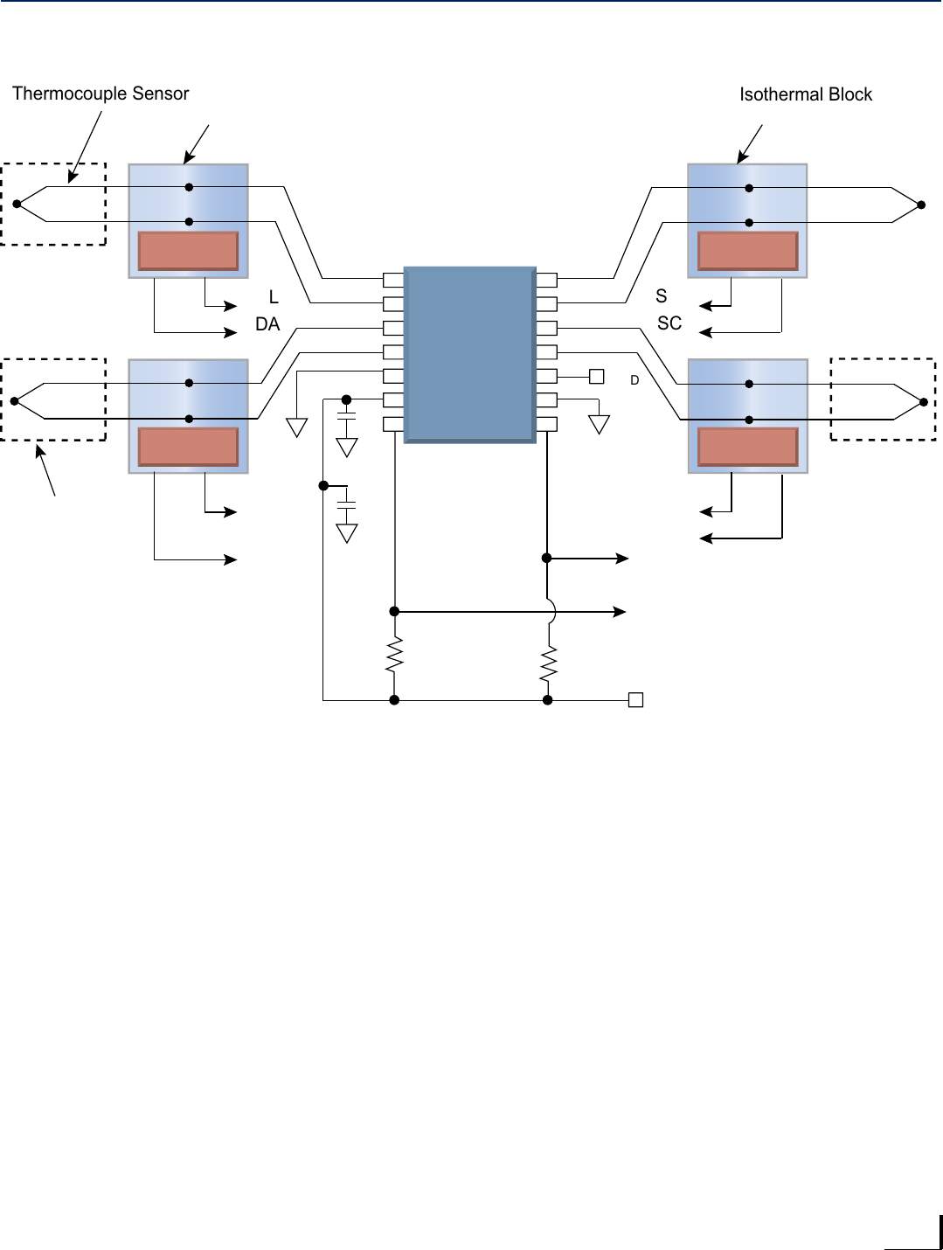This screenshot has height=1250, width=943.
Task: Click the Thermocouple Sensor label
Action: (x=101, y=94)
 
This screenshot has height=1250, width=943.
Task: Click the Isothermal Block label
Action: (x=805, y=94)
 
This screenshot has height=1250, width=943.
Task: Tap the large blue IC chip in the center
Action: (x=469, y=354)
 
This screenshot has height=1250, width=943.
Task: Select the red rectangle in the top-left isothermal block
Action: (x=188, y=251)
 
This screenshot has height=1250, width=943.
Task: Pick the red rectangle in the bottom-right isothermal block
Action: (x=747, y=447)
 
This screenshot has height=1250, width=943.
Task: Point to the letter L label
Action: (x=274, y=297)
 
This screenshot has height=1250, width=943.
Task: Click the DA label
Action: (x=267, y=324)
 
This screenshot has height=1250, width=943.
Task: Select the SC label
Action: (x=669, y=323)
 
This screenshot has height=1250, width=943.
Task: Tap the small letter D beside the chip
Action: (x=634, y=380)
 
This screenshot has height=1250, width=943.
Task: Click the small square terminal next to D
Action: (x=597, y=377)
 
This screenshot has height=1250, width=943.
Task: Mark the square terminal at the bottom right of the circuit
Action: (x=636, y=700)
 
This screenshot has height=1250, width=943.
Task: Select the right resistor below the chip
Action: (x=548, y=664)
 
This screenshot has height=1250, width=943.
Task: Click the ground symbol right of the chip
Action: (x=599, y=425)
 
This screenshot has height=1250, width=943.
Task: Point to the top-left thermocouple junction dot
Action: (x=17, y=205)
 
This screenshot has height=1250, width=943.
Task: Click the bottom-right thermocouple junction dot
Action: (x=924, y=402)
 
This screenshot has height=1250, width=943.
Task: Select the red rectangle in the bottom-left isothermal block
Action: (x=188, y=447)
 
